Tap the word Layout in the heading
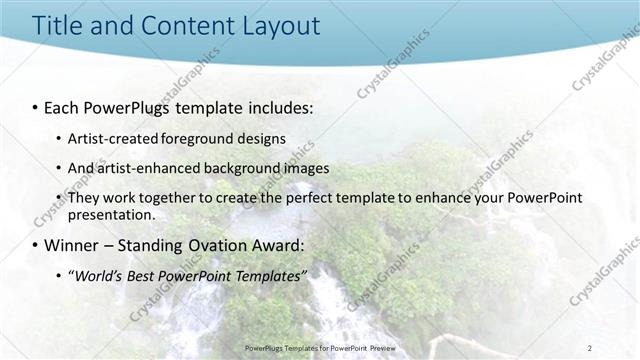point(277,25)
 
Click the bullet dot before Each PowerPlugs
point(34,105)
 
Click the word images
point(293,168)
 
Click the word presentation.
point(110,214)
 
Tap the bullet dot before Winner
point(34,245)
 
